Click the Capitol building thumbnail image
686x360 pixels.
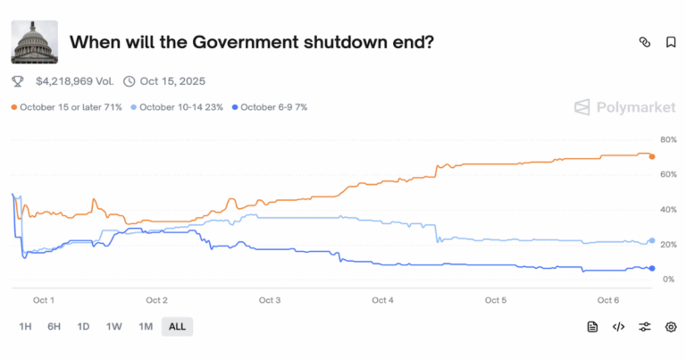[x=34, y=41]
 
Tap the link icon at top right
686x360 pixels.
[x=645, y=42]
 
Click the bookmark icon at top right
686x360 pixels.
[x=671, y=42]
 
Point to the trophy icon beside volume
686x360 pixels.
[x=17, y=81]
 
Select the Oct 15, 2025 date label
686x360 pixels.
[x=172, y=81]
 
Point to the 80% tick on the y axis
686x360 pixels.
[x=668, y=140]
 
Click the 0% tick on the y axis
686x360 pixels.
[x=668, y=279]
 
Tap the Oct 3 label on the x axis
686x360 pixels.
[x=269, y=300]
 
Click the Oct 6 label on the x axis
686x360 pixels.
[x=608, y=300]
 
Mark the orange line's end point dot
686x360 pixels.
[x=652, y=156]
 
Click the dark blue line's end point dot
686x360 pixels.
[x=652, y=268]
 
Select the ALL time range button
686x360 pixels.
[x=177, y=327]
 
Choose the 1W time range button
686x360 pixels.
[x=113, y=327]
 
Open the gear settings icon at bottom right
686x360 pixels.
[x=671, y=327]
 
